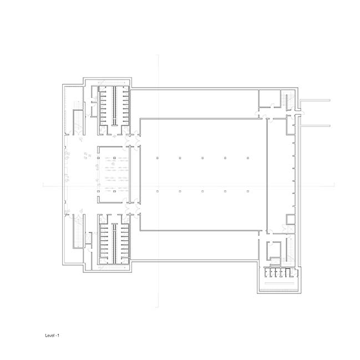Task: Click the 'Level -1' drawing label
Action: point(52,336)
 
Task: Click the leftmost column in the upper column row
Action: point(158,158)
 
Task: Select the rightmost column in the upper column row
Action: point(248,158)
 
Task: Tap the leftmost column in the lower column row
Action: point(158,191)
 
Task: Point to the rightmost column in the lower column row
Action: point(248,191)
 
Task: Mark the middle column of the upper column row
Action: point(202,158)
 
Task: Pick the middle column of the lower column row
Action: point(202,191)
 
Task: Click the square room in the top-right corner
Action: point(270,98)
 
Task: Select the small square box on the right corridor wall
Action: point(290,219)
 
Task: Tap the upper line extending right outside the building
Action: point(315,100)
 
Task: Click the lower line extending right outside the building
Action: point(315,126)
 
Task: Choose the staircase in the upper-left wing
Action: point(78,122)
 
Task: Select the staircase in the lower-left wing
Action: point(78,231)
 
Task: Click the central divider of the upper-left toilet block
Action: point(114,106)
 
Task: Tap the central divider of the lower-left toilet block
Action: point(114,244)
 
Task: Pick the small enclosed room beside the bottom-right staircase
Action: point(274,251)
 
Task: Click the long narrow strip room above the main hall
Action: point(194,104)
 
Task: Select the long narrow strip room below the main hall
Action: point(194,245)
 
